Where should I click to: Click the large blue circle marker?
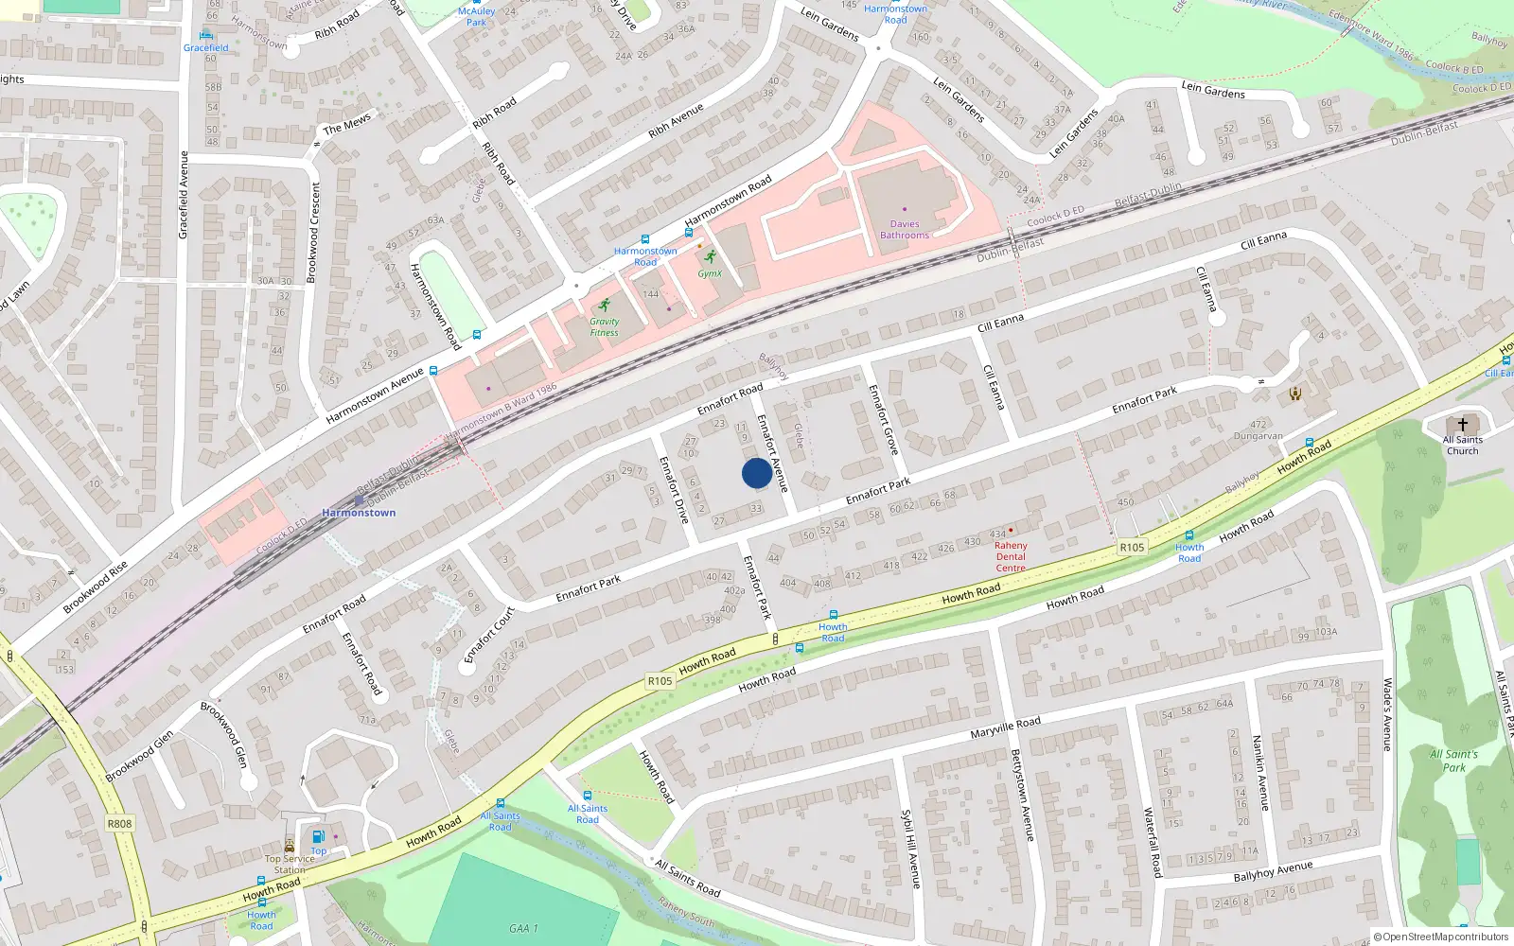tap(756, 473)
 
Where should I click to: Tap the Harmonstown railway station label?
tap(359, 513)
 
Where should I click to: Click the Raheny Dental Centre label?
tap(1011, 556)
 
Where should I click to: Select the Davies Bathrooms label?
tap(905, 230)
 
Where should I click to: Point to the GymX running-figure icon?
tap(710, 256)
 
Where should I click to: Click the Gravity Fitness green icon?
tap(605, 306)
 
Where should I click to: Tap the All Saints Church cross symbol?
tap(1462, 425)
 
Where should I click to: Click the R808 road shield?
tap(119, 823)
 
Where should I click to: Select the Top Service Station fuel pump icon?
tap(319, 836)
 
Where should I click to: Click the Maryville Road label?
tap(1005, 727)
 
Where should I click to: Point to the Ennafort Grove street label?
tap(882, 418)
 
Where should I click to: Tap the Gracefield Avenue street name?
tap(184, 195)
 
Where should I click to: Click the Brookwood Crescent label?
tap(313, 233)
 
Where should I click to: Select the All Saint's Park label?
tap(1453, 761)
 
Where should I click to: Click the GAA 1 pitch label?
tap(523, 928)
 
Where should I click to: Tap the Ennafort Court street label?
tap(488, 634)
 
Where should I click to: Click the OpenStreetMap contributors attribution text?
tap(1441, 937)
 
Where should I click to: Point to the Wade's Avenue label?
tap(1388, 714)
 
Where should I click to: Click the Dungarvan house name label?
tap(1258, 436)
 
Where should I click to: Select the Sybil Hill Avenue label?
tap(910, 849)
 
